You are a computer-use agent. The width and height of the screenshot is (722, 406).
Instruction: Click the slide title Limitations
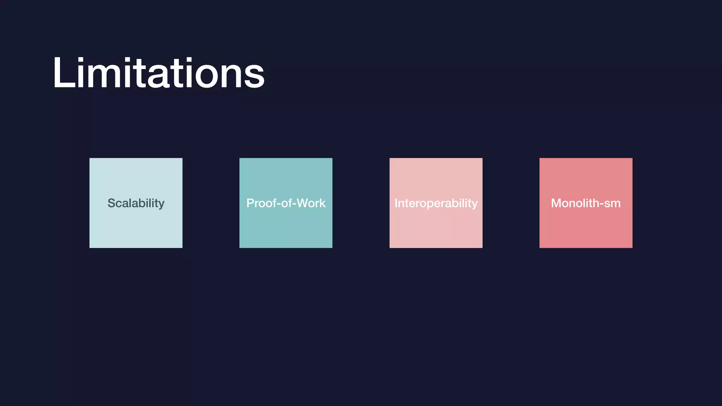point(158,73)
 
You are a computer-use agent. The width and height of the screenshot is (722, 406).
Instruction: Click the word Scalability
point(136,203)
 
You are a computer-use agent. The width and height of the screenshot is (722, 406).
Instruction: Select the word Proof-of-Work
point(286,203)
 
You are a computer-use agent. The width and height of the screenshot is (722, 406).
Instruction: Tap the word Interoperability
point(436,203)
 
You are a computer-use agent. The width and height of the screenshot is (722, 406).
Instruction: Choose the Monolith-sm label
point(586,203)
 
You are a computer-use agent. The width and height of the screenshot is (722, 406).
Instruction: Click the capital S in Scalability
point(111,203)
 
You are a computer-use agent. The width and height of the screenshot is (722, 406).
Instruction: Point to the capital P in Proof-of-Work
point(250,203)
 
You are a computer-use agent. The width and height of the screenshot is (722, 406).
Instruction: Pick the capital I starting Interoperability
point(396,203)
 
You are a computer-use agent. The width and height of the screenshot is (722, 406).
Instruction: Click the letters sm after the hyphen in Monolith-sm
point(612,204)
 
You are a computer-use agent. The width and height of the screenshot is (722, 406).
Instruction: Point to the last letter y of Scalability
point(161,205)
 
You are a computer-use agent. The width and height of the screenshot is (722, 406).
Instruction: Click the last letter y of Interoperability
point(475,205)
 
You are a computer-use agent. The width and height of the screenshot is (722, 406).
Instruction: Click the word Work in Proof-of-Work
point(311,203)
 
